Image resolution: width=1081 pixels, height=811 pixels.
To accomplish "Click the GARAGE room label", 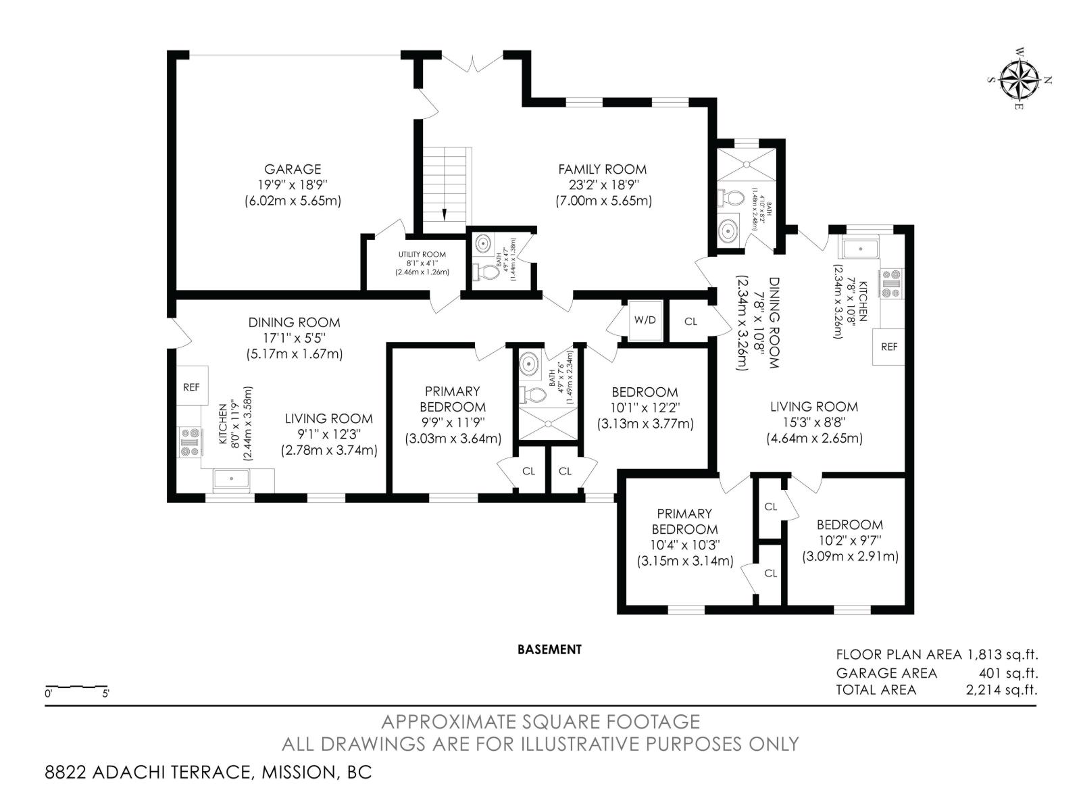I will pos(292,169).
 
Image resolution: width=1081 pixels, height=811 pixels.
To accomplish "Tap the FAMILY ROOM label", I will pos(602,169).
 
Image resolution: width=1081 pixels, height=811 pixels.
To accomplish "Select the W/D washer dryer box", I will pos(645,320).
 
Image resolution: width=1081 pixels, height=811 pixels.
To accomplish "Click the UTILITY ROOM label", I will pos(422,255).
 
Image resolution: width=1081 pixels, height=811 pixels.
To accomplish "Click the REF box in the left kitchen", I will pos(192,387).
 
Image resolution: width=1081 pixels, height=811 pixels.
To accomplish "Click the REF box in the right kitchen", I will pos(888,346).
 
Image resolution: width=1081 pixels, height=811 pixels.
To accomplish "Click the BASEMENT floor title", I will pos(549,649).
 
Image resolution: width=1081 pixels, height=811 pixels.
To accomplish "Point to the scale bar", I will pos(76,687).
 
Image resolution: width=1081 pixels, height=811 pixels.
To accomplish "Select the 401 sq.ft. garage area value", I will pos(1008,673).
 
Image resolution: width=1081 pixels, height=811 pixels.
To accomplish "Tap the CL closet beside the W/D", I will pos(690,322).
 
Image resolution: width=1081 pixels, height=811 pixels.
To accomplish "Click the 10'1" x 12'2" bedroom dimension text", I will pos(645,408).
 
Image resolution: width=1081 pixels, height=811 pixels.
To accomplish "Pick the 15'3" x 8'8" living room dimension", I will pos(813,422).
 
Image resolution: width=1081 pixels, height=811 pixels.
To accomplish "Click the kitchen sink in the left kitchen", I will pos(231,479).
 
